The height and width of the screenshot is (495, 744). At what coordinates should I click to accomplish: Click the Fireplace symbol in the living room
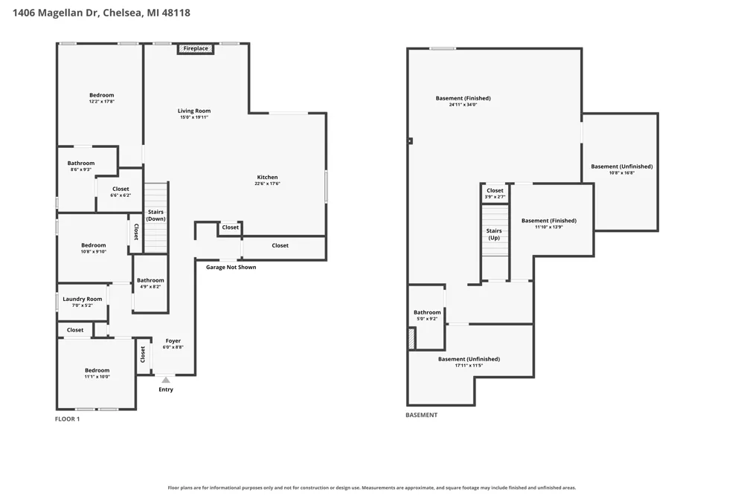click(196, 48)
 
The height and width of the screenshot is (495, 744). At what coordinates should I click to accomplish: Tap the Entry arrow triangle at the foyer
click(166, 380)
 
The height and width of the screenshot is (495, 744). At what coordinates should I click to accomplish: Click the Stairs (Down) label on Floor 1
click(155, 216)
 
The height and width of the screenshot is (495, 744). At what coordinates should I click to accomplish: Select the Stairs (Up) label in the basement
click(494, 234)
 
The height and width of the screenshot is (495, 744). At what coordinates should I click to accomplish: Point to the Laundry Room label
click(83, 300)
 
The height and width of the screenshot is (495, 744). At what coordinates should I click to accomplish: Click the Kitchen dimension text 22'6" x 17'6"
click(268, 184)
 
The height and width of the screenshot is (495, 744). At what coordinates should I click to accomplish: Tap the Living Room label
click(194, 111)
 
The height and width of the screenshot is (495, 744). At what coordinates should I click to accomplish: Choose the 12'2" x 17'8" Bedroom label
click(101, 95)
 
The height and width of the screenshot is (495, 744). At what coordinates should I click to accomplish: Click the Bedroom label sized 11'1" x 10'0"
click(97, 370)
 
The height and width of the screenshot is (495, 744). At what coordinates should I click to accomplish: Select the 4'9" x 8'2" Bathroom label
click(150, 280)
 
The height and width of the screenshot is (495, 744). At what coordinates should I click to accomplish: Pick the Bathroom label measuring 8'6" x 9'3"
click(80, 163)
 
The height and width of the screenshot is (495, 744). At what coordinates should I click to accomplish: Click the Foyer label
click(173, 341)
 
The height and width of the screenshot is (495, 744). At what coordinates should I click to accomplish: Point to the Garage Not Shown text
click(231, 268)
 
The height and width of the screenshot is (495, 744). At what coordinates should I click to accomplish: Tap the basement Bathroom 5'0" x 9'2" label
click(427, 312)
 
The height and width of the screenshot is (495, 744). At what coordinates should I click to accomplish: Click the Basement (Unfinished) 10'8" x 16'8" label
click(621, 166)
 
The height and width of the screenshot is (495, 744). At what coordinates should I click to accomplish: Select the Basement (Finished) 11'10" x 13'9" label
click(549, 221)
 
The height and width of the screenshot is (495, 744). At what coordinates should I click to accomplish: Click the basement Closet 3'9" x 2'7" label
click(495, 190)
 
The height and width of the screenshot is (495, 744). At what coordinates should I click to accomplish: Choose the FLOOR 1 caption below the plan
click(68, 419)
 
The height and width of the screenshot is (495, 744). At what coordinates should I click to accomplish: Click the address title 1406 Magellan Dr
click(56, 13)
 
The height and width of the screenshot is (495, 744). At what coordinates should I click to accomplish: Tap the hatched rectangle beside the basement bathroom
click(412, 338)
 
